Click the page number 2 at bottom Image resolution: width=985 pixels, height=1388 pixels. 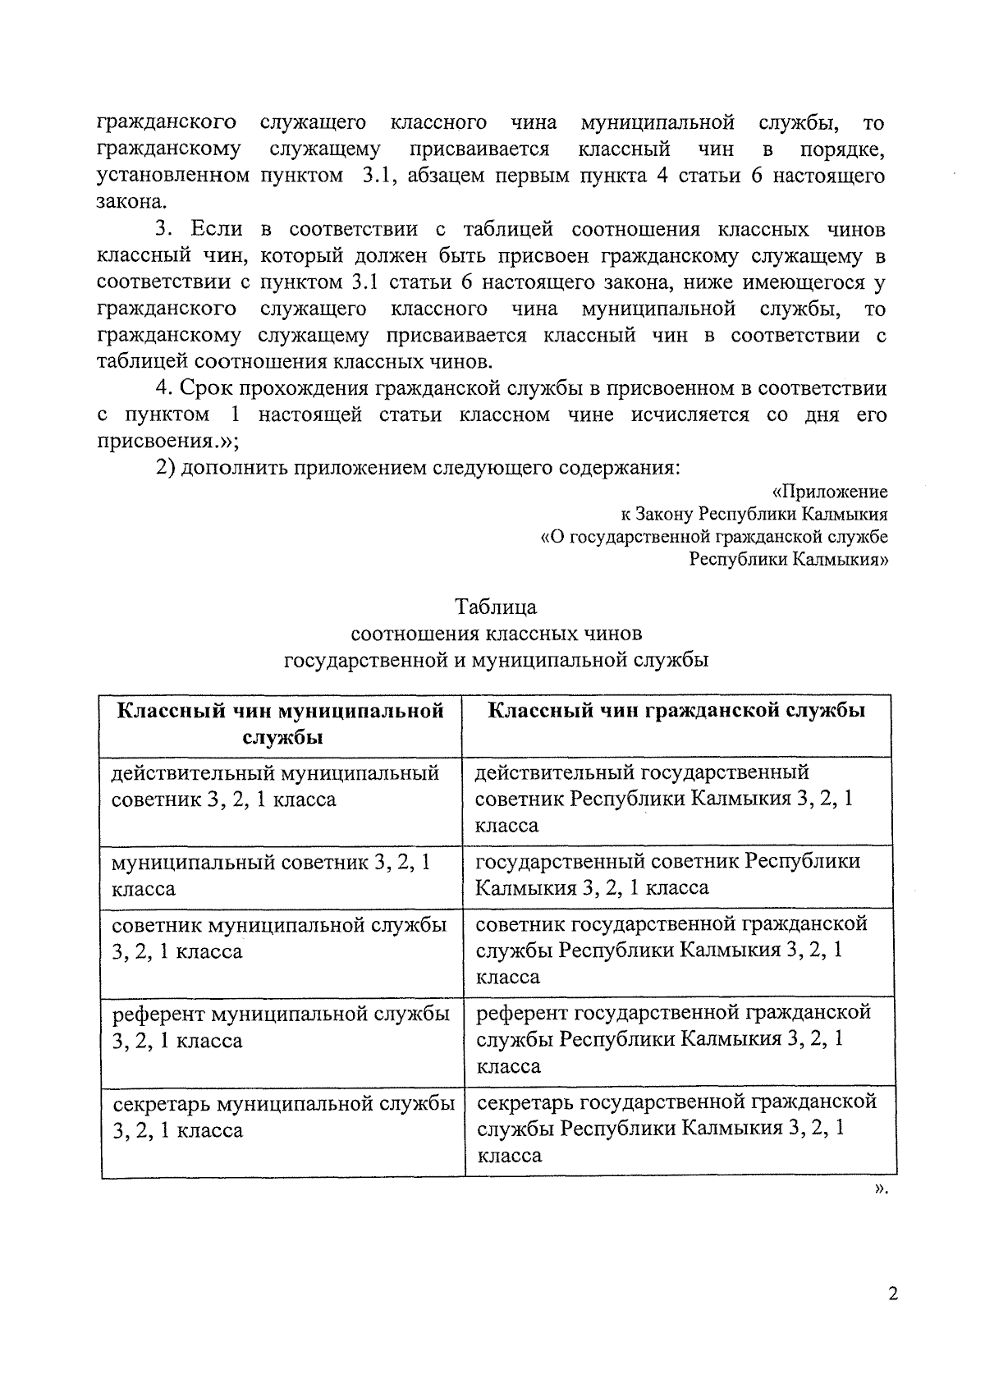pos(893,1294)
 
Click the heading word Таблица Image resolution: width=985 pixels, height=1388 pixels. pos(496,607)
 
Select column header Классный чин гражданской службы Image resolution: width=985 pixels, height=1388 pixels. pos(676,711)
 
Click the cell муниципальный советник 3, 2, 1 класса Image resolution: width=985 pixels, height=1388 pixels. pos(272,875)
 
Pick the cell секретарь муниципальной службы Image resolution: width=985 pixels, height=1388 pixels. pos(283,1116)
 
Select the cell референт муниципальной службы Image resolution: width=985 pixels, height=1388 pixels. pos(281,1027)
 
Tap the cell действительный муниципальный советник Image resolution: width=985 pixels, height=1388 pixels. pos(275,786)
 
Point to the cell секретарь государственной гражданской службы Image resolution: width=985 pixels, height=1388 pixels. pos(676,1128)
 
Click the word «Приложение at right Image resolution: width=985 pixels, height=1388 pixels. pos(830,492)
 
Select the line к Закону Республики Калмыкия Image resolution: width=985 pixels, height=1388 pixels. pos(753,515)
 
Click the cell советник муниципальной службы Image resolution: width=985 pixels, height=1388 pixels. pos(279,938)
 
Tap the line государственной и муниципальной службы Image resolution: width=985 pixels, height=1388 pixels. pos(496,660)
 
